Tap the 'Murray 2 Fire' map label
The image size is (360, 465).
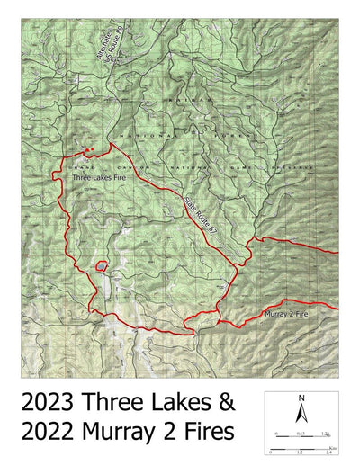(287, 315)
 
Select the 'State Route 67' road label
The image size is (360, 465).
(201, 217)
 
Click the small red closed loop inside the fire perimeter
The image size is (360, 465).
(102, 266)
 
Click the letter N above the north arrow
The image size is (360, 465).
(302, 398)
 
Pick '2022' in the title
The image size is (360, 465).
(52, 433)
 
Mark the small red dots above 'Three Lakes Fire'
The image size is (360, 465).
(87, 149)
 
